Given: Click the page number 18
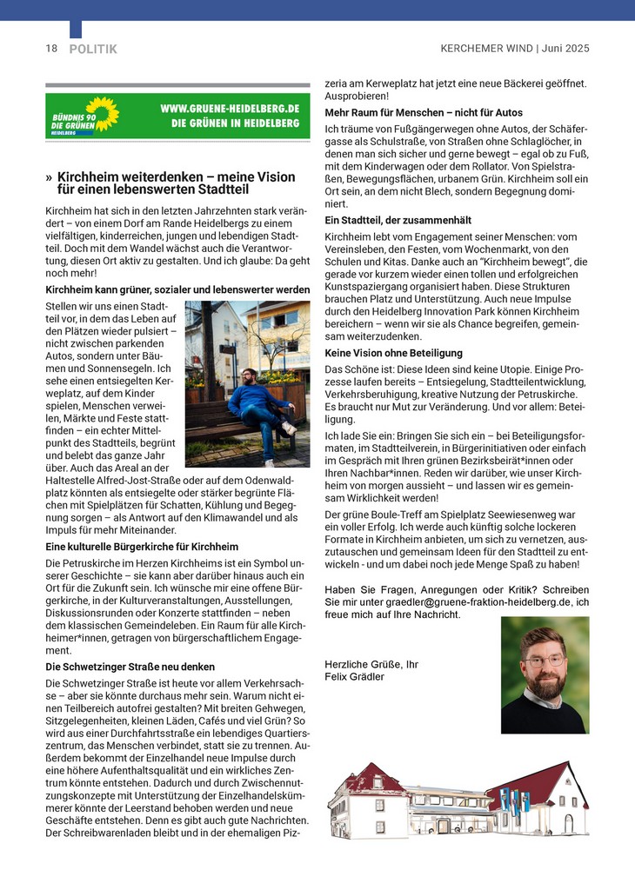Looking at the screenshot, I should [51, 49].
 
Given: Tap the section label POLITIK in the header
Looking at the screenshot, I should [92, 50].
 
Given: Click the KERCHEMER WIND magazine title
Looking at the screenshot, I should [485, 49].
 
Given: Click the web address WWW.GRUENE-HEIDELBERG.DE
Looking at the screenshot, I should [230, 109].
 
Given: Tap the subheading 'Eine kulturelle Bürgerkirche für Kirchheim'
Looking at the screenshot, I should [142, 547].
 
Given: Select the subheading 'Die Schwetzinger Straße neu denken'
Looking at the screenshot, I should [130, 667].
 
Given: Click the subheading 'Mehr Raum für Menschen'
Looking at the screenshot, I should [424, 113].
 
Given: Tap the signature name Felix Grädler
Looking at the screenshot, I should [354, 676].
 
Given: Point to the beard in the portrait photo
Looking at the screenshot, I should [545, 683].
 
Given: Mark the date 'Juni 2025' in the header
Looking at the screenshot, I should [565, 49].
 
